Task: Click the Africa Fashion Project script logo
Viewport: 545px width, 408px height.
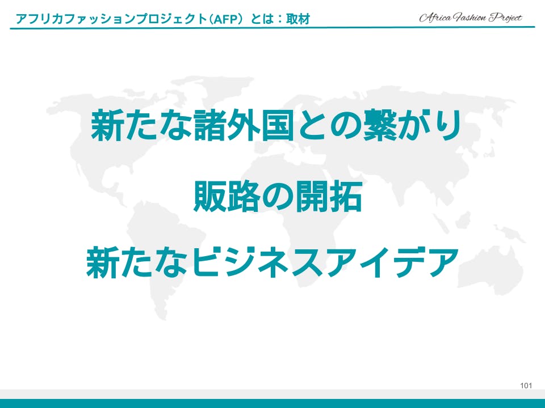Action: click(471, 18)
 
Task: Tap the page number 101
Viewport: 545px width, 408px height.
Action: click(526, 385)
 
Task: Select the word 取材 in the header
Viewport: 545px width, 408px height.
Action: click(298, 19)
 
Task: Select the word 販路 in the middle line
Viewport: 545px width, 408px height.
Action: click(227, 197)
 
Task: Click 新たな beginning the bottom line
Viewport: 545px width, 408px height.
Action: click(138, 262)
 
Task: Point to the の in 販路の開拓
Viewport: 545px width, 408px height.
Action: click(278, 197)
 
